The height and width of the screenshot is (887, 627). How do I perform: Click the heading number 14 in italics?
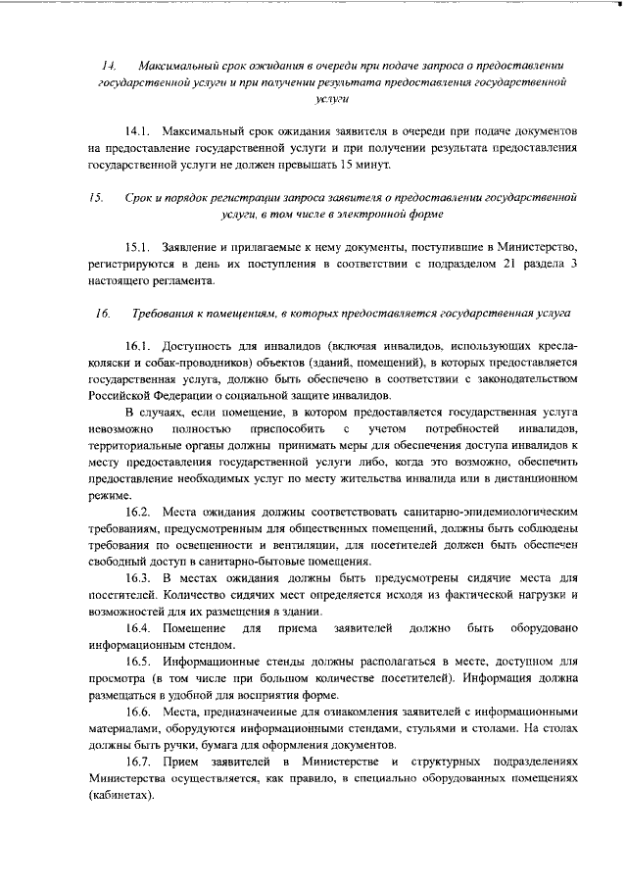tap(109, 65)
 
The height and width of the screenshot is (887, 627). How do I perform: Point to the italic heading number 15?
tap(96, 196)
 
